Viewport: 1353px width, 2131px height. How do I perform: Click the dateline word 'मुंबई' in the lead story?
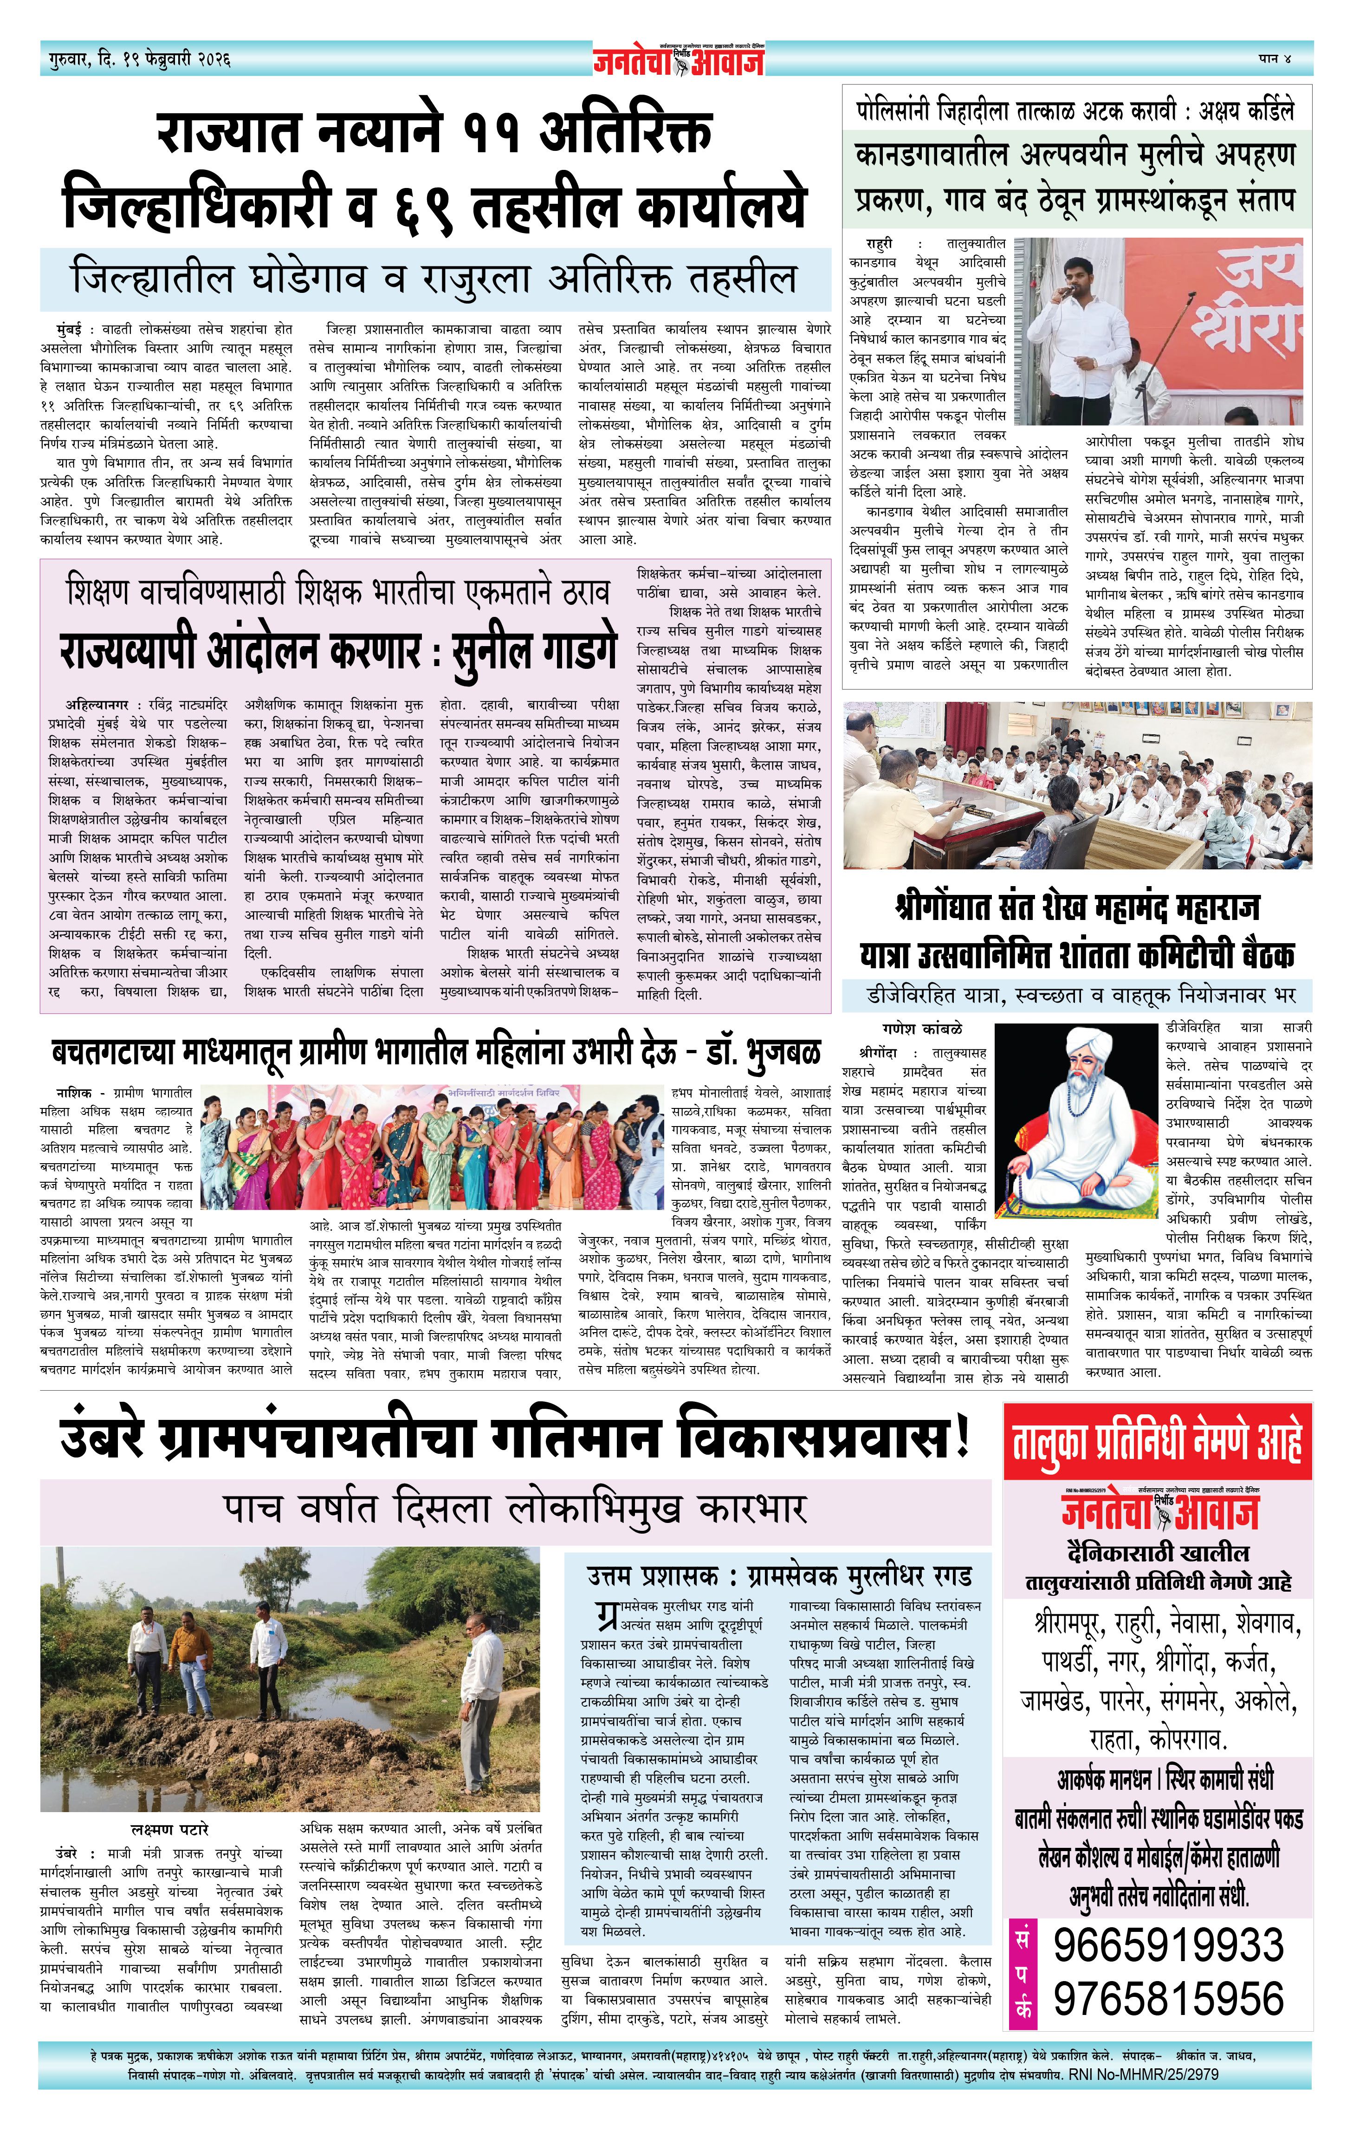coord(66,328)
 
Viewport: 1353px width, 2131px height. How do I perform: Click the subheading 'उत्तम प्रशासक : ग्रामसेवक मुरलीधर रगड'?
coord(779,1576)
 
